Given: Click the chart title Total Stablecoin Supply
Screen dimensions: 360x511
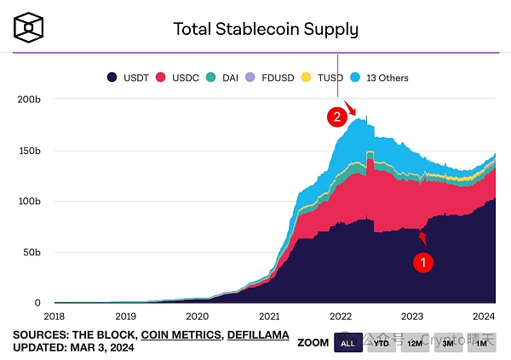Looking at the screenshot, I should (266, 29).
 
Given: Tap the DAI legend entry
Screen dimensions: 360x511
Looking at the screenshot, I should (223, 77).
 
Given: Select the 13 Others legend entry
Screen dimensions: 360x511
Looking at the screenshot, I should (380, 77).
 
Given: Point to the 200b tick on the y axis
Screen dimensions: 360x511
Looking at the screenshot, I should (28, 100).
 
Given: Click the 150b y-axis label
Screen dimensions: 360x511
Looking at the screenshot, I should (28, 151).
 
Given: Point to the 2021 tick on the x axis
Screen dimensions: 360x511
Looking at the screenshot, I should (269, 316).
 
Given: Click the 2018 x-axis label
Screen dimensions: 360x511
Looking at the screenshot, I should (54, 316).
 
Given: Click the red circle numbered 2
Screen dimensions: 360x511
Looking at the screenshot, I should (339, 117).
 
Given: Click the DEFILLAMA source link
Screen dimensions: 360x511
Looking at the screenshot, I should (257, 334).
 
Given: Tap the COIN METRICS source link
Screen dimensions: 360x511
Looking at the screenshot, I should (180, 334).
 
